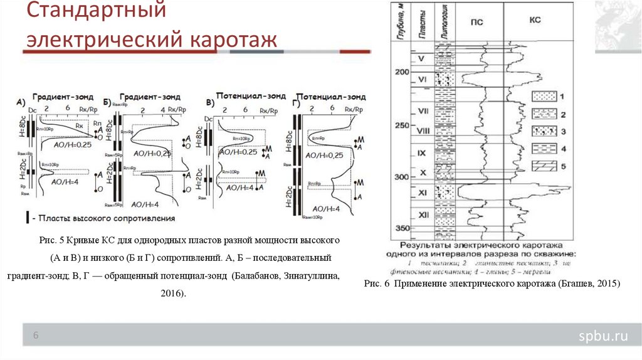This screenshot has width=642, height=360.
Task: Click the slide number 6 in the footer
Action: [x=36, y=336]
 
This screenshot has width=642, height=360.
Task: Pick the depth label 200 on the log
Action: [x=401, y=73]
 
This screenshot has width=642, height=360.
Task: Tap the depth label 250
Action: [x=401, y=125]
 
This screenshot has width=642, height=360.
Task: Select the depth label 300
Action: [x=401, y=177]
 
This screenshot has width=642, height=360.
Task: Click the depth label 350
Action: [x=401, y=228]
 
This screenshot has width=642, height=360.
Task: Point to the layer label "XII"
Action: [x=423, y=215]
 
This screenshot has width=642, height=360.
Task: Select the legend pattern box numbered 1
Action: [x=545, y=97]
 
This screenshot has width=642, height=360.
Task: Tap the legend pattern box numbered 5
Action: [x=545, y=167]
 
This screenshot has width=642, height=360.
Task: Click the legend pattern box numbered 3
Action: [x=545, y=132]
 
